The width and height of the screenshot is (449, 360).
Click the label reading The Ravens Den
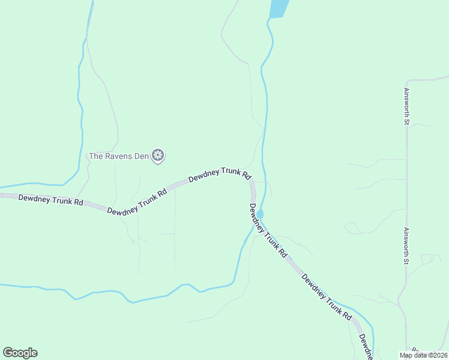pyautogui.click(x=118, y=156)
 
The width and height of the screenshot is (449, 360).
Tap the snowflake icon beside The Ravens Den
pyautogui.click(x=158, y=156)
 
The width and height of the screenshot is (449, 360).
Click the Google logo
pyautogui.click(x=20, y=353)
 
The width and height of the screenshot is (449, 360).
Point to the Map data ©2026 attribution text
pyautogui.click(x=423, y=355)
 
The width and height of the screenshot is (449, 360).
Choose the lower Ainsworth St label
pyautogui.click(x=406, y=245)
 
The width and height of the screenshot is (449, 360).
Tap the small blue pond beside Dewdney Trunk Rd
pyautogui.click(x=260, y=214)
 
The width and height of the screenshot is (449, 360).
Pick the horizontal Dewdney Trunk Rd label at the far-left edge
pyautogui.click(x=50, y=199)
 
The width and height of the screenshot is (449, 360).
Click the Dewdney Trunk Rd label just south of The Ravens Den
pyautogui.click(x=136, y=202)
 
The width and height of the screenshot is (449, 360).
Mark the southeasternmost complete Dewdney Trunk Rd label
pyautogui.click(x=326, y=296)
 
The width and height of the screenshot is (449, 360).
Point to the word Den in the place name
pyautogui.click(x=140, y=156)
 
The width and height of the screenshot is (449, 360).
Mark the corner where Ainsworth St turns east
pyautogui.click(x=407, y=80)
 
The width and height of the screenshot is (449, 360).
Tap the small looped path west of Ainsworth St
pyautogui.click(x=351, y=227)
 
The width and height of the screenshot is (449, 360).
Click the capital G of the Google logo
pyautogui.click(x=8, y=353)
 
